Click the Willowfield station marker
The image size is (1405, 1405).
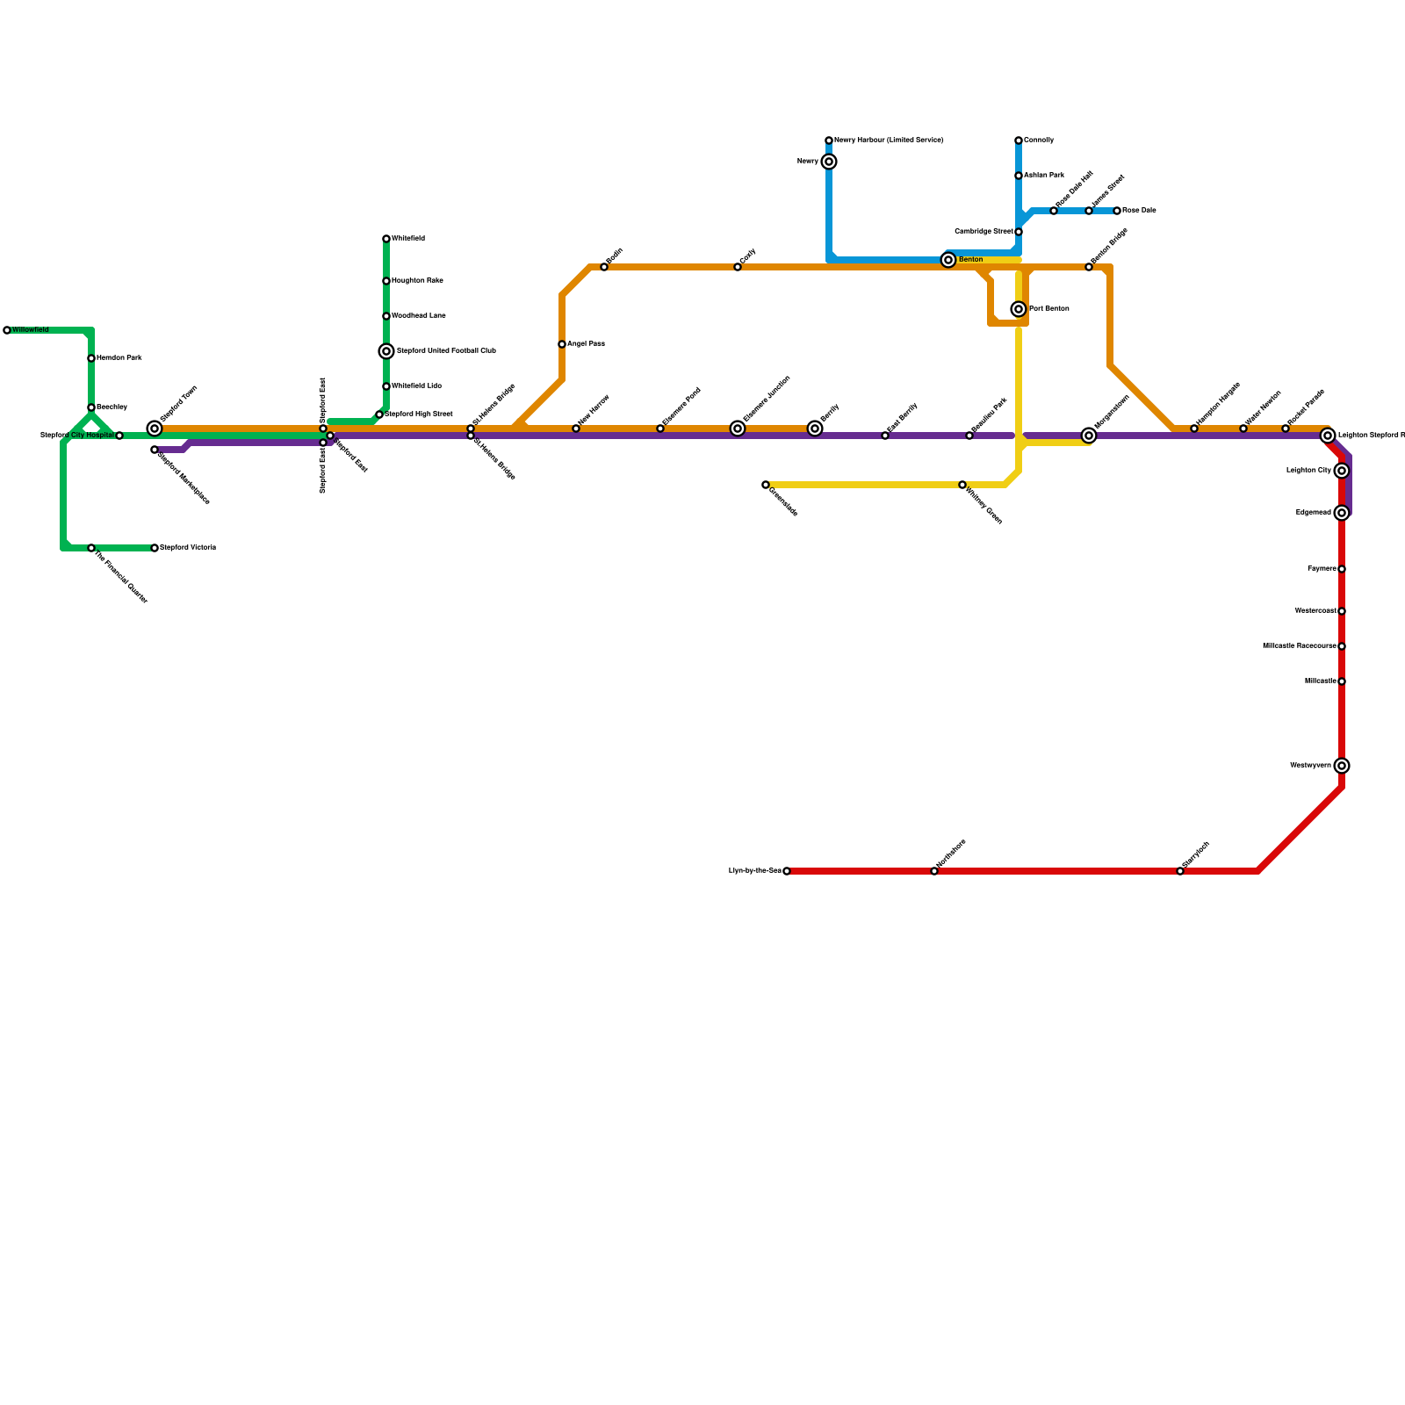[7, 330]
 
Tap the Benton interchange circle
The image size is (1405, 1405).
[948, 260]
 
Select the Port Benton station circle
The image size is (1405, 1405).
[1019, 309]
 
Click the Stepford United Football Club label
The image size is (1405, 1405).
[446, 351]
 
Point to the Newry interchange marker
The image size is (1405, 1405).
[829, 162]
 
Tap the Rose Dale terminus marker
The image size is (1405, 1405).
[1117, 211]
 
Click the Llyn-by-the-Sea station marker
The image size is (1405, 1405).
[787, 871]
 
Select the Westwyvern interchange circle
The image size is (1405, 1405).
[1342, 766]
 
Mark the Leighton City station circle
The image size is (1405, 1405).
[1342, 471]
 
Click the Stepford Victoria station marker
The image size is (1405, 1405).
[155, 548]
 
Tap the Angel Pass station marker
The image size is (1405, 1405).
[562, 344]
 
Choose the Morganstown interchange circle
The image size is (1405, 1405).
[1089, 436]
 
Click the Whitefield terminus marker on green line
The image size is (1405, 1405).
[386, 239]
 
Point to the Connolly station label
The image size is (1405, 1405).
[1039, 140]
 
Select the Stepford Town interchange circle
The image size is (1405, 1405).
[155, 429]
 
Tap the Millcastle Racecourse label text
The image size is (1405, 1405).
[1299, 646]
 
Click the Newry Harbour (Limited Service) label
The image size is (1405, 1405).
[889, 140]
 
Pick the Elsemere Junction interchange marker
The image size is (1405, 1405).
[738, 429]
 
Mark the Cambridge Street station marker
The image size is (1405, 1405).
[1019, 232]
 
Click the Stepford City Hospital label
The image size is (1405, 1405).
[77, 436]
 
